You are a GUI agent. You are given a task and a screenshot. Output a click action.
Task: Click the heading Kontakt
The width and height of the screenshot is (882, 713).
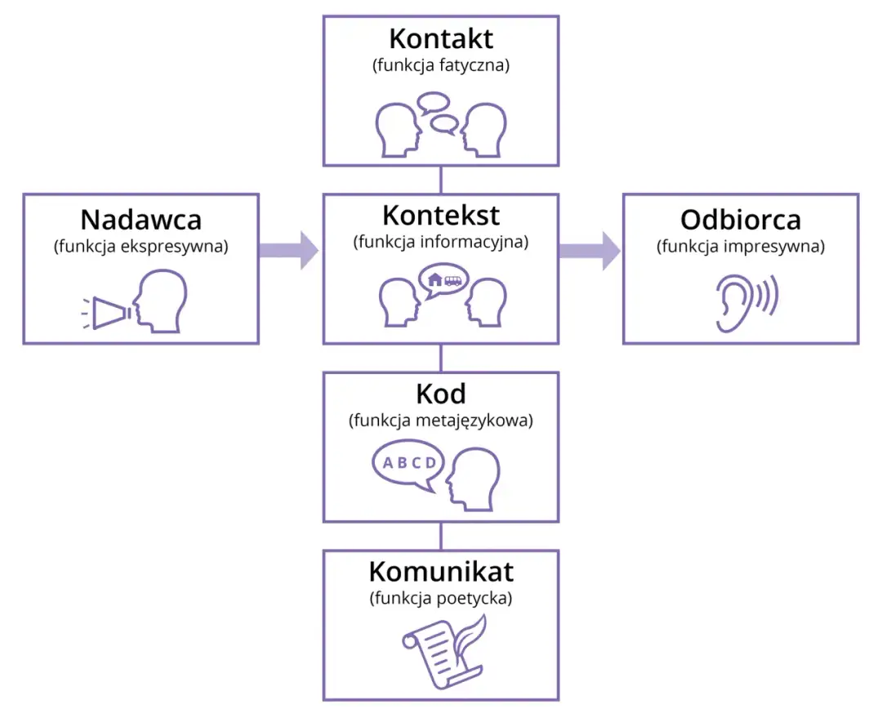click(x=441, y=39)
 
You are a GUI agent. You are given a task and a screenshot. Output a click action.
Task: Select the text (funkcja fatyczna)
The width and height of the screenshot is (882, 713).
click(x=441, y=66)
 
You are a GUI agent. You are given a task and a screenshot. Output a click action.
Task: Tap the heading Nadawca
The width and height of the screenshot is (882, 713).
click(x=140, y=220)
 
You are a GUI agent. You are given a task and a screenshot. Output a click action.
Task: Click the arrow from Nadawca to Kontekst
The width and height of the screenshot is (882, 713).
click(x=288, y=250)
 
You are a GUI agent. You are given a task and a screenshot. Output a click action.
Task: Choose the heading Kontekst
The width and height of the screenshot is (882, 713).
click(x=441, y=216)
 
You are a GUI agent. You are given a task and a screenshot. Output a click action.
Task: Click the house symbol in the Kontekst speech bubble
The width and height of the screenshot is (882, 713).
click(x=434, y=280)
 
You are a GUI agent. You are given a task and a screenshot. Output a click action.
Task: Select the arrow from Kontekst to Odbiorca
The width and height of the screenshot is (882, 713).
click(x=589, y=250)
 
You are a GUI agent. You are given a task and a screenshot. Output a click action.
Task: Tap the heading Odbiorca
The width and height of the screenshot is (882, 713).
click(x=741, y=220)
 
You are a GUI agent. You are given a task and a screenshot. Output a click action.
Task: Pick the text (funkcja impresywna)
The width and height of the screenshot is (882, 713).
click(x=741, y=247)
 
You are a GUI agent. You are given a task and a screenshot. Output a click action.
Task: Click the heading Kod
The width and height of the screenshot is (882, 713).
click(x=441, y=394)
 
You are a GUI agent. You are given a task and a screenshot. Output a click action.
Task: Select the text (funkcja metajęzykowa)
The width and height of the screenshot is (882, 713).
click(x=441, y=421)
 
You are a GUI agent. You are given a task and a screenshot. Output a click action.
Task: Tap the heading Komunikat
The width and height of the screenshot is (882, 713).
click(x=441, y=570)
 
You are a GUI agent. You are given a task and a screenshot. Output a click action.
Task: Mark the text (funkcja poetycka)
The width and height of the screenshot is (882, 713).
click(x=441, y=598)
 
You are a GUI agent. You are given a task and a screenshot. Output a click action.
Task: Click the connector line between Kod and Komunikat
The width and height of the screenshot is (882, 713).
click(x=441, y=536)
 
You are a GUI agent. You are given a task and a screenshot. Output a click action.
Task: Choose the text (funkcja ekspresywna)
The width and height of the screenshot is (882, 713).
click(x=140, y=247)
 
